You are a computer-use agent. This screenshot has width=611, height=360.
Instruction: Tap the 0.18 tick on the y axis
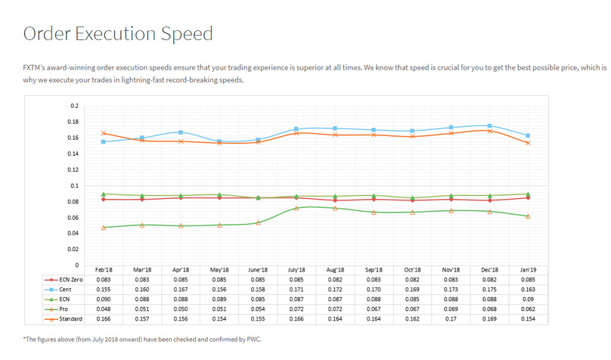(x=73, y=122)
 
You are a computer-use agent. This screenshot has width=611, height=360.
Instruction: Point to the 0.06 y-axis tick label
(x=73, y=218)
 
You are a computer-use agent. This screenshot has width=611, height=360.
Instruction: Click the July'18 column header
(x=296, y=269)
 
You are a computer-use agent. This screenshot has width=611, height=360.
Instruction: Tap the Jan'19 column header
(x=528, y=269)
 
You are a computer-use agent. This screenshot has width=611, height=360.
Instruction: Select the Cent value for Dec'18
(x=489, y=289)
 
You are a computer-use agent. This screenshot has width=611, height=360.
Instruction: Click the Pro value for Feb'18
(x=103, y=309)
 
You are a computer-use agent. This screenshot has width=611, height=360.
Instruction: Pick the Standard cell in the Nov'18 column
(x=451, y=319)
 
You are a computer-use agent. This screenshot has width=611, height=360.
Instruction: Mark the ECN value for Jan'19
(x=528, y=299)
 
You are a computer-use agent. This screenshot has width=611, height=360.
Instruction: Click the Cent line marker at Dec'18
(x=490, y=126)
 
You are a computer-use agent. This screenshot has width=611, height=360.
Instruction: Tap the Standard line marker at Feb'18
(x=104, y=133)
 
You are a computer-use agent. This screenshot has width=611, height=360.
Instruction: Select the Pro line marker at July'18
(x=296, y=208)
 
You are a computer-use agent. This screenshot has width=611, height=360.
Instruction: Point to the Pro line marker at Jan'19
(x=528, y=216)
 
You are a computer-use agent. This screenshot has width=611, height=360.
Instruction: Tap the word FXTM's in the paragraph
(x=36, y=67)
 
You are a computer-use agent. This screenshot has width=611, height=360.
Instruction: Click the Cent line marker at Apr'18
(x=181, y=132)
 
